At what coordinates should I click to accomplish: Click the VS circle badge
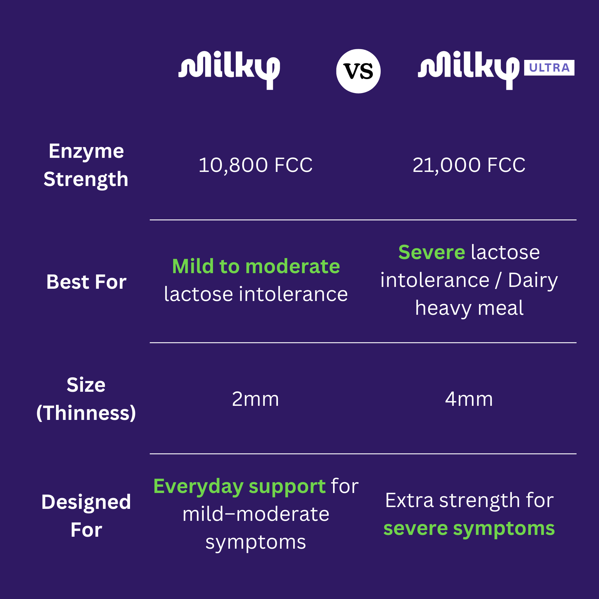click(x=358, y=71)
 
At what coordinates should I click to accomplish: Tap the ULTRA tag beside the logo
click(x=549, y=68)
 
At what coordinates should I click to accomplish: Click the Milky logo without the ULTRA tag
click(x=229, y=71)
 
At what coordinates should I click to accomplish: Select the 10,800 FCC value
click(x=255, y=165)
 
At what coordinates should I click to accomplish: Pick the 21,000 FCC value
click(x=469, y=165)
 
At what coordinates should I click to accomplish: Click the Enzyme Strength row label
click(x=86, y=165)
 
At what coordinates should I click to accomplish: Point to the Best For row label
click(x=86, y=282)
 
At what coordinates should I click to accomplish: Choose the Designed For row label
click(x=86, y=516)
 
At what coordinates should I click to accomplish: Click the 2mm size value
click(x=255, y=399)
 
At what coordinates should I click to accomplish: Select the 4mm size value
click(x=469, y=399)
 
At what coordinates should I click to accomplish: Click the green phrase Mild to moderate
click(x=256, y=266)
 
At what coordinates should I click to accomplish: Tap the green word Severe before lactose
click(x=432, y=252)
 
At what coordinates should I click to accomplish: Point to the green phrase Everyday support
click(x=239, y=486)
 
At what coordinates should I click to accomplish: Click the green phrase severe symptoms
click(x=469, y=529)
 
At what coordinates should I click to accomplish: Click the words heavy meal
click(x=469, y=308)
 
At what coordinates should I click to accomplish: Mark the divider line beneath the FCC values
click(x=363, y=220)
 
